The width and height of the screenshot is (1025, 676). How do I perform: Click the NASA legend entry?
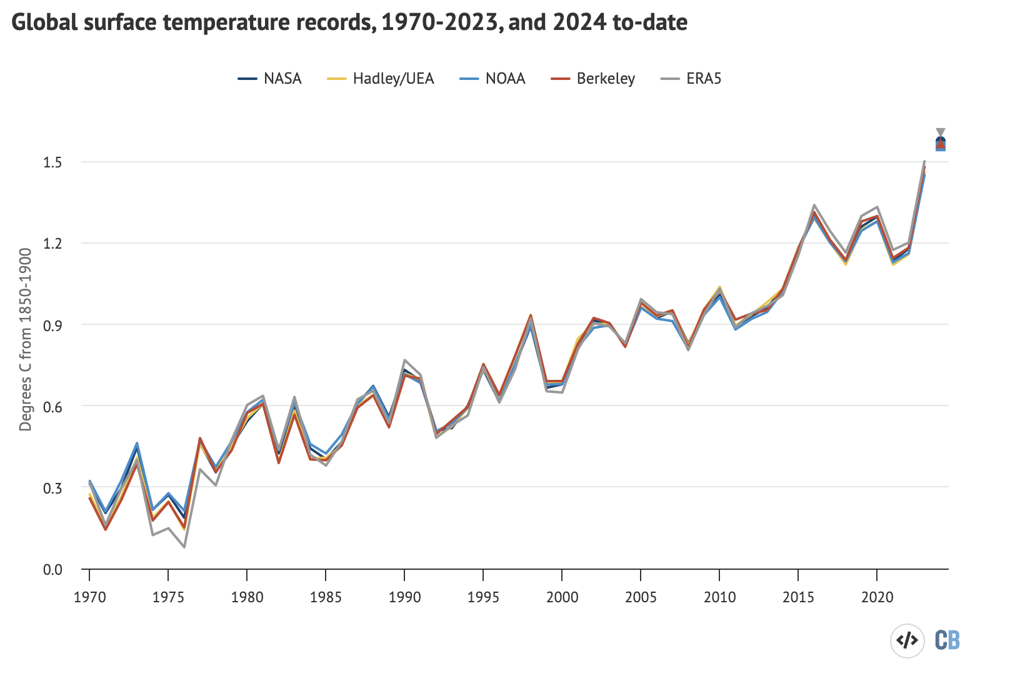pyautogui.click(x=269, y=79)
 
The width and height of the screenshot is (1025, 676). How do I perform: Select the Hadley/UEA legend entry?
pyautogui.click(x=381, y=79)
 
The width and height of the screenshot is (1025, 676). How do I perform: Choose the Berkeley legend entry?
pyautogui.click(x=592, y=79)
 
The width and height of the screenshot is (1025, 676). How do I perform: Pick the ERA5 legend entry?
pyautogui.click(x=691, y=79)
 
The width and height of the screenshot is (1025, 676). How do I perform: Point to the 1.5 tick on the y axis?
pyautogui.click(x=52, y=162)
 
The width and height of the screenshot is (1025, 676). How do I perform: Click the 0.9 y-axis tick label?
pyautogui.click(x=52, y=325)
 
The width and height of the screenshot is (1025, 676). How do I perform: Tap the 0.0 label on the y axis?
pyautogui.click(x=52, y=569)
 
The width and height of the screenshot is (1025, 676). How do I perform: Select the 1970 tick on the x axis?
pyautogui.click(x=89, y=597)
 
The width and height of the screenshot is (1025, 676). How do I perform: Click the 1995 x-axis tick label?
pyautogui.click(x=483, y=597)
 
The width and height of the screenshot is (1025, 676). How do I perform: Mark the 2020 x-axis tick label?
pyautogui.click(x=877, y=597)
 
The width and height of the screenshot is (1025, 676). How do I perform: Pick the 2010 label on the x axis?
pyautogui.click(x=719, y=597)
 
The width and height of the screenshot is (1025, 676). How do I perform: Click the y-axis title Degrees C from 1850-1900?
pyautogui.click(x=26, y=339)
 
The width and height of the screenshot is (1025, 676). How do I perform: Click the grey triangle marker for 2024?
pyautogui.click(x=941, y=132)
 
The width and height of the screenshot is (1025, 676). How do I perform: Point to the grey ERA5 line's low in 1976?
pyautogui.click(x=184, y=547)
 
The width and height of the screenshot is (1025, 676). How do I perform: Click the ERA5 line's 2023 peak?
pyautogui.click(x=924, y=161)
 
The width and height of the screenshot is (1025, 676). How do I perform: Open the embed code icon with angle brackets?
pyautogui.click(x=907, y=640)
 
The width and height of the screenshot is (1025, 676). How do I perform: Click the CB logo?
pyautogui.click(x=947, y=640)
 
